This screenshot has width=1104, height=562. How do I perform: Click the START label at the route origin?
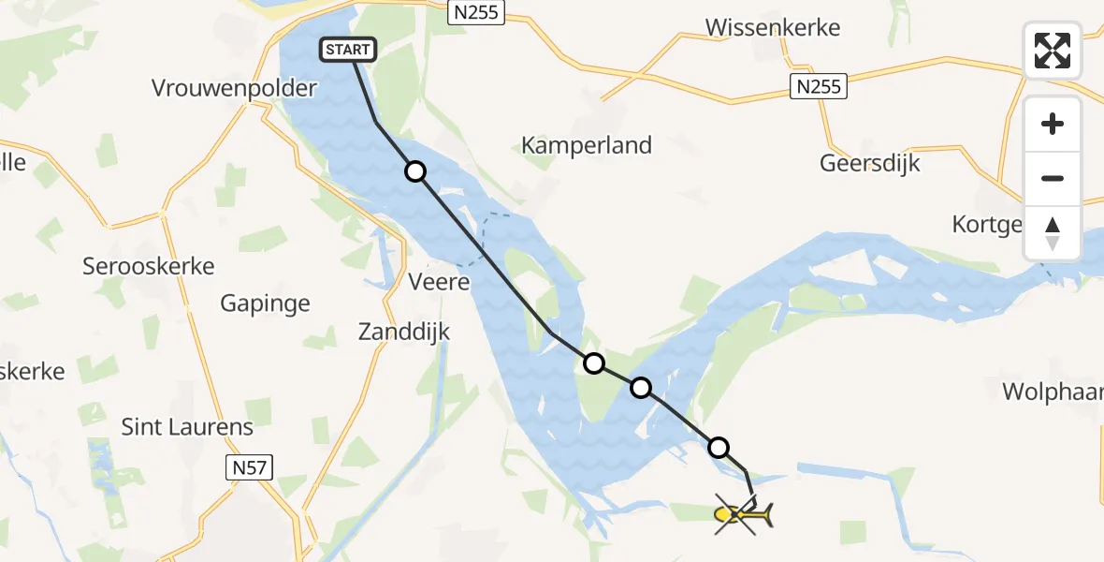(349, 50)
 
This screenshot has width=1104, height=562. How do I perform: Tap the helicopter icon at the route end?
(743, 514)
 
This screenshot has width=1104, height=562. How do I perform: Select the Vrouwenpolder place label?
(234, 89)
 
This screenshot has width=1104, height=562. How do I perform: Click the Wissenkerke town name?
(773, 27)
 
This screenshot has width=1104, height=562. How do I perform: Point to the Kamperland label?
(587, 145)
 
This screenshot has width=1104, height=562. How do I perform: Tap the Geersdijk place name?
(870, 163)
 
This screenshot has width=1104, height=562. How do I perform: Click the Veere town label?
(439, 281)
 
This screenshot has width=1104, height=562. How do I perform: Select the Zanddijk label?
(405, 331)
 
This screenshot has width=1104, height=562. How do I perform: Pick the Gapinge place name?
(265, 303)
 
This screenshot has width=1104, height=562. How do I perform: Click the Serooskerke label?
(149, 266)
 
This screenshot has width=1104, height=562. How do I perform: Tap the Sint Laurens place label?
(187, 427)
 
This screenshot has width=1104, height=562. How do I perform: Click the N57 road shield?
(248, 467)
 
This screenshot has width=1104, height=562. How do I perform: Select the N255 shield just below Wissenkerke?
(818, 87)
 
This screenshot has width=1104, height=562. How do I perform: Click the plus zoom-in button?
(1053, 124)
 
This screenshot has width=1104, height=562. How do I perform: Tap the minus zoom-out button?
(1053, 178)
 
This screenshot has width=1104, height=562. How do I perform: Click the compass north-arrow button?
(1053, 233)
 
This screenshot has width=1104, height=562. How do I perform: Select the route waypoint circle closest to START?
(414, 171)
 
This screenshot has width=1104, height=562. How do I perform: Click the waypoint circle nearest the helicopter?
(719, 448)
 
